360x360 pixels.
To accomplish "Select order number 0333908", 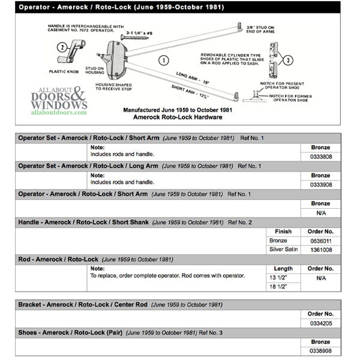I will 320,185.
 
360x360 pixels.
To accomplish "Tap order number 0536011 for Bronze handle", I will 320,241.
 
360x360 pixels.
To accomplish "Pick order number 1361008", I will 320,250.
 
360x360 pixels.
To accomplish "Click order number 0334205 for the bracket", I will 320,323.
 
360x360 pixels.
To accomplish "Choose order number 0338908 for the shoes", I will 320,351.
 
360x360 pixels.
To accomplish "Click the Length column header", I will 283,268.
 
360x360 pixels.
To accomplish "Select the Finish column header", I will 283,231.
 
